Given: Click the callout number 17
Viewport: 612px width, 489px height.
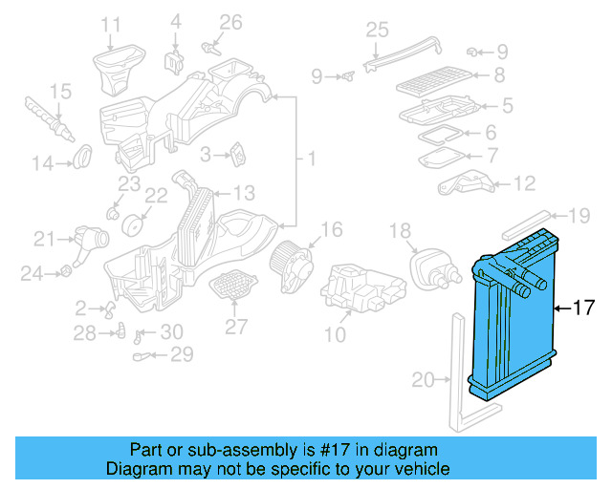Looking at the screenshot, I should coord(583,308).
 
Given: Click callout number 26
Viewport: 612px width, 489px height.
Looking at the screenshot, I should coord(231,22).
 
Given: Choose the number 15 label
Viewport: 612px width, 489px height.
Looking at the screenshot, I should coord(59,92).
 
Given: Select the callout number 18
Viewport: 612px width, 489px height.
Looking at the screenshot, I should coord(400,230).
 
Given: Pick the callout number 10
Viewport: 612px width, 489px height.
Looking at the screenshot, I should coord(335,334).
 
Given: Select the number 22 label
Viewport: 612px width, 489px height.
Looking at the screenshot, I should coord(155,196).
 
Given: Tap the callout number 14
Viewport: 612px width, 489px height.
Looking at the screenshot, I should coord(42,163).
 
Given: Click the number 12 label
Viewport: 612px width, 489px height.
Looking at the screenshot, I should coord(524,183).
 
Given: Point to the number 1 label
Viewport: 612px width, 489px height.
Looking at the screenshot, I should coord(309,156).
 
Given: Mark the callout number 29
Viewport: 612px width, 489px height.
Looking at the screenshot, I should coord(182,355).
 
